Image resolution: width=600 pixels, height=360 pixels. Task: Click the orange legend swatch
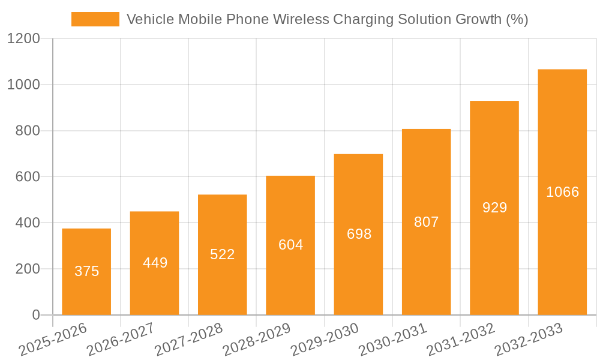(95, 19)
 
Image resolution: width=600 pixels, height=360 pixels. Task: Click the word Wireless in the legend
(301, 19)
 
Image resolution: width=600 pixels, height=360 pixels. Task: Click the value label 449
(155, 263)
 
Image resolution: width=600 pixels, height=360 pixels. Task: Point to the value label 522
(223, 254)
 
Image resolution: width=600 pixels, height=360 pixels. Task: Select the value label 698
(359, 234)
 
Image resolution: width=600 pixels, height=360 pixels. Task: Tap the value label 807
(427, 222)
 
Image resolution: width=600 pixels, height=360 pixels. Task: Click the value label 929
(494, 208)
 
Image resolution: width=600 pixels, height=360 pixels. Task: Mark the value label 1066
(562, 192)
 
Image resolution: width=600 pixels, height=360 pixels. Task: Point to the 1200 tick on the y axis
(23, 39)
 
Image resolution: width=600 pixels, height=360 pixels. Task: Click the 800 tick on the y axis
(28, 131)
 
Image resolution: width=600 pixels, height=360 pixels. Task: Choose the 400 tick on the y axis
(28, 223)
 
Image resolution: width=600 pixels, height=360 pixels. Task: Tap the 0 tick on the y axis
(35, 315)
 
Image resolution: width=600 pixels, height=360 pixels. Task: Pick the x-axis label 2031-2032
(461, 339)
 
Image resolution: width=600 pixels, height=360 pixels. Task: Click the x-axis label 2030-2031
(393, 339)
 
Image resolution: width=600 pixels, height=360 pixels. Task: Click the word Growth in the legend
(473, 19)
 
